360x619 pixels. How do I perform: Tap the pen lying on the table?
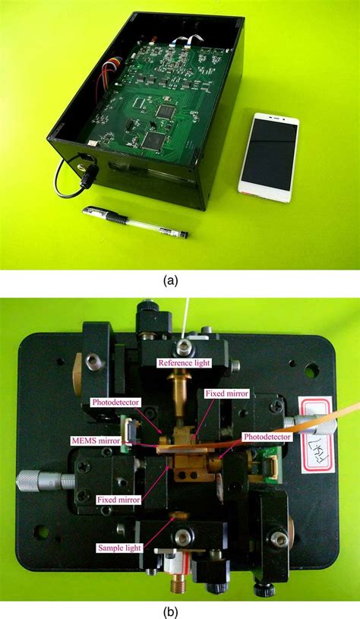tap(137, 220)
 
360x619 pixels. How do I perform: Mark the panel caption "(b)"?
tap(180, 609)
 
